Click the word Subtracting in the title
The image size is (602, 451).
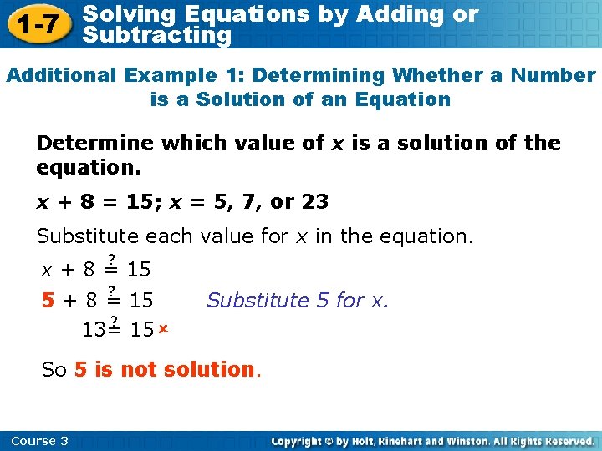tap(158, 35)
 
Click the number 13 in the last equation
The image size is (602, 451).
tap(94, 330)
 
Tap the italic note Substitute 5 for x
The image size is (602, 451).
tap(298, 300)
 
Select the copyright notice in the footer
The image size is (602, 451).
tap(433, 441)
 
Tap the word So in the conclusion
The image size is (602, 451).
tap(54, 369)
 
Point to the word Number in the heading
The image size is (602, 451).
tap(555, 75)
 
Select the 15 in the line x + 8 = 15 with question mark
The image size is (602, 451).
tap(140, 270)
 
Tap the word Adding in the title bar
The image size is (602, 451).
tap(399, 14)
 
